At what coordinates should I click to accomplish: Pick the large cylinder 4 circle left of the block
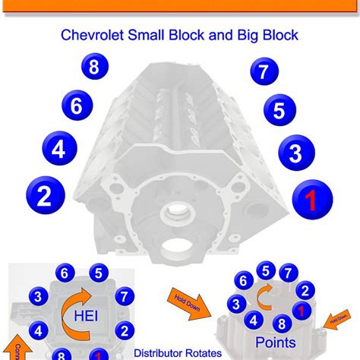click(58, 150)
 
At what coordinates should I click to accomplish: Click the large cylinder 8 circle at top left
click(93, 67)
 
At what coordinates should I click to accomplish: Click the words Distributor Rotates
click(175, 353)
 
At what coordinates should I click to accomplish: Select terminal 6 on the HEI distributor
click(65, 273)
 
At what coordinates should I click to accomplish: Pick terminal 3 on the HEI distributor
click(35, 296)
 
